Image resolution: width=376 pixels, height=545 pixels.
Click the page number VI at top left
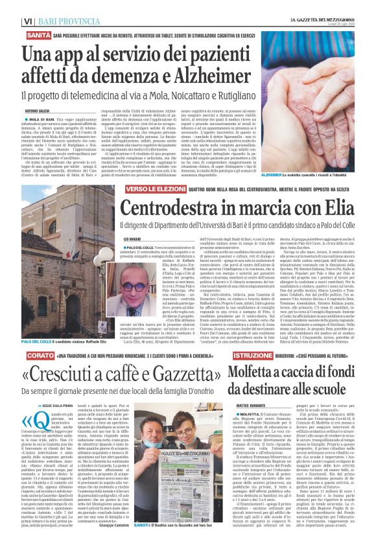click(10, 6)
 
